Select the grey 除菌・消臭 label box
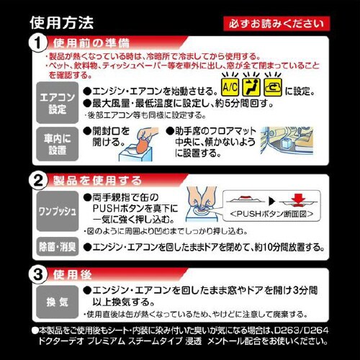pyautogui.click(x=56, y=246)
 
